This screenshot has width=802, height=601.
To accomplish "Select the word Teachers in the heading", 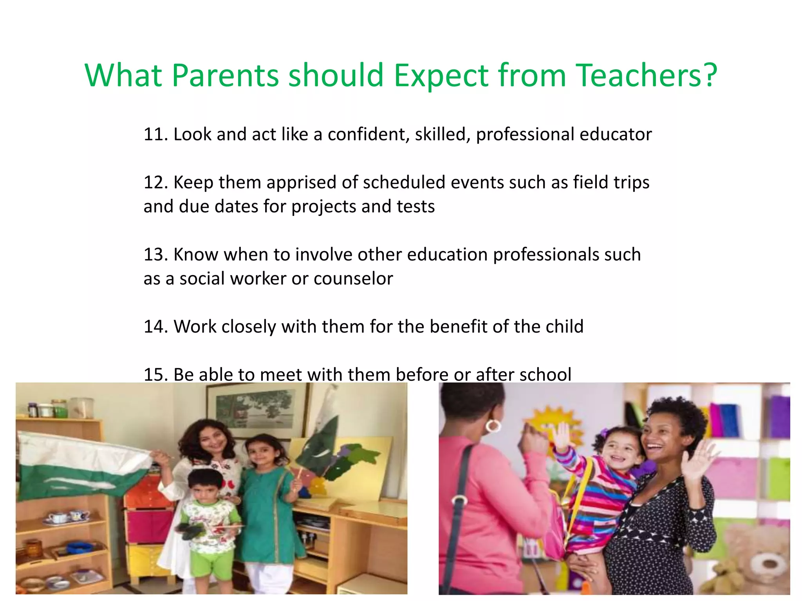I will (638, 75).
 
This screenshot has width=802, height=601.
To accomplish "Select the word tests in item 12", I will (415, 207).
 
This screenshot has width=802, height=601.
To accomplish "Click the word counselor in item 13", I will (353, 279).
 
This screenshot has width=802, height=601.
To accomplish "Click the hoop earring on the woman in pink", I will (493, 425).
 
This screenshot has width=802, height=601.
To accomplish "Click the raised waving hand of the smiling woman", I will (698, 462).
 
